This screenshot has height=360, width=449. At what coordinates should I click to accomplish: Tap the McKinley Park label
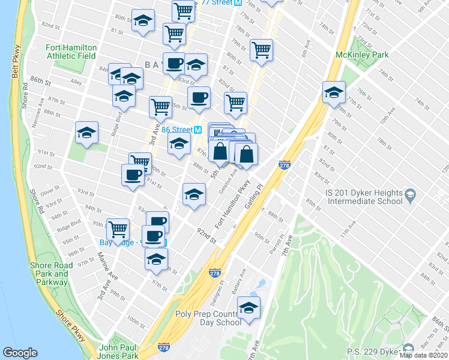point(362,55)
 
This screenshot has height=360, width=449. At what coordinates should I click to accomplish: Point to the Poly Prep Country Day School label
point(208,318)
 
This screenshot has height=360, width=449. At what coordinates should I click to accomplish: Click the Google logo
point(20,353)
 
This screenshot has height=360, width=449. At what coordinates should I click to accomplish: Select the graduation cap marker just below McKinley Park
point(334,93)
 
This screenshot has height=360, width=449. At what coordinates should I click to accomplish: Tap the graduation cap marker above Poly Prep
point(249,308)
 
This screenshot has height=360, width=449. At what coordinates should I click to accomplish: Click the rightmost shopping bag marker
point(246,154)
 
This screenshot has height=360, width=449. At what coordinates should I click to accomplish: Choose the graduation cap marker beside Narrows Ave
point(86,133)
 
